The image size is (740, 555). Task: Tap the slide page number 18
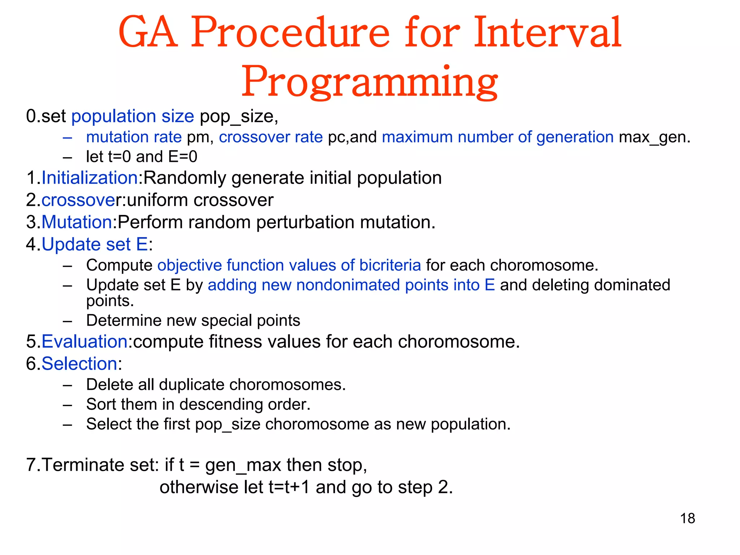pos(687,518)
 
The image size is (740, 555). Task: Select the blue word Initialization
pos(90,178)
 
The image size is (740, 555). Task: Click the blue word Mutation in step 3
pos(77,222)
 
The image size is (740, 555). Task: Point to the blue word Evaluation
pos(84,341)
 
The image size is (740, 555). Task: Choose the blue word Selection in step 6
pos(79,363)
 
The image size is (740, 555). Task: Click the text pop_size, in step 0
pos(239,116)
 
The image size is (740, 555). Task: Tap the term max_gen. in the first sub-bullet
pos(654,137)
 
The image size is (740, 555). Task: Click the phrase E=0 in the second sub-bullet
pos(183,157)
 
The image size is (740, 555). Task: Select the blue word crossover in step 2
pos(81,200)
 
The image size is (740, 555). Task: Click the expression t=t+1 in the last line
pos(289,487)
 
